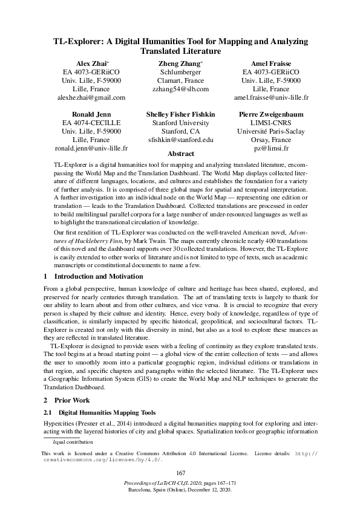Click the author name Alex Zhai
[91, 63]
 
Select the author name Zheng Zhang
[180, 63]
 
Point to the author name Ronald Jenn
[91, 114]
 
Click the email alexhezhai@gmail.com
[91, 97]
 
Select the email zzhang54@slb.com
[180, 88]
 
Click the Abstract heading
[180, 154]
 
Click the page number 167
[180, 473]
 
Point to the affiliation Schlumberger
[180, 71]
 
